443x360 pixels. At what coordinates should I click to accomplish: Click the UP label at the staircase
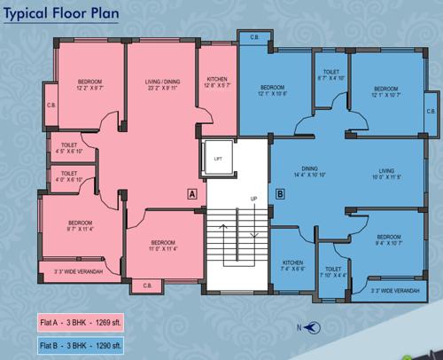pos(253,199)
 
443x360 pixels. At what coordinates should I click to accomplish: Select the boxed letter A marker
pos(190,193)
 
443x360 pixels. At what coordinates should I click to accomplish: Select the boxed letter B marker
pos(280,193)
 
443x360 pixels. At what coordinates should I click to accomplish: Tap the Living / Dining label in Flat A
pos(159,84)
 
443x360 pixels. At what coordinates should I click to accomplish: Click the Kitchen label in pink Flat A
pos(217,84)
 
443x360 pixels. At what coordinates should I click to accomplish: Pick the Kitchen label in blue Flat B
pos(292,266)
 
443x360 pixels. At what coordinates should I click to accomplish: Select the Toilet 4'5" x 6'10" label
pos(68,146)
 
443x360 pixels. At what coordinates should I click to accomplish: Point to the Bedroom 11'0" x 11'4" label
pos(162,246)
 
